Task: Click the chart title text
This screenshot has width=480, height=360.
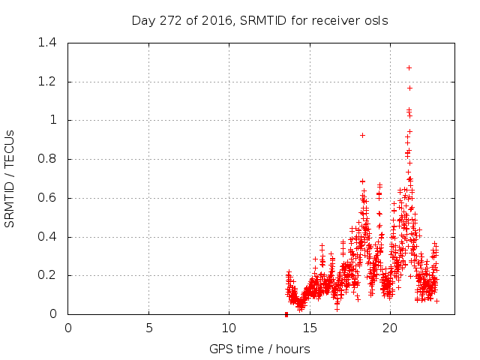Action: coord(259,20)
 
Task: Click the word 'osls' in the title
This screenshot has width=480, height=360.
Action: coord(376,20)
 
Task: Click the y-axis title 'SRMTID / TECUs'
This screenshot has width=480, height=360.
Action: coord(10,178)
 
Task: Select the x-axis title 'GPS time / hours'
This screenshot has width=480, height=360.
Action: coord(259,349)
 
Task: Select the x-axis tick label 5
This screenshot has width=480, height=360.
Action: coord(148,328)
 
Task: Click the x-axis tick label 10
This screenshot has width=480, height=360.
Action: coord(229,328)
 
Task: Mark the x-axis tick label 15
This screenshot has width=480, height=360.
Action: coord(309,328)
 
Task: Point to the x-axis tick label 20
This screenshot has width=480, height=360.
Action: coord(389,328)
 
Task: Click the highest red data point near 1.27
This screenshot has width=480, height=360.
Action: coord(409,67)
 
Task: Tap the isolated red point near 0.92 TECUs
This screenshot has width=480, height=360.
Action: coord(362,135)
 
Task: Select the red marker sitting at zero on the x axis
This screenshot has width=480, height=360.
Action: coord(286,314)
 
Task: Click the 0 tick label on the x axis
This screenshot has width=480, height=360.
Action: coord(68,328)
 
